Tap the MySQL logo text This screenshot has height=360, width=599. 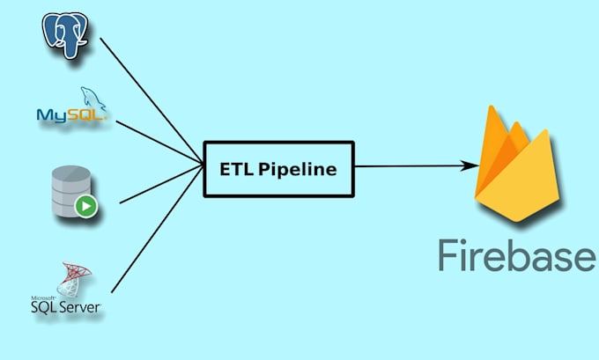tap(70, 114)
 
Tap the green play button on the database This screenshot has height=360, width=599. tap(85, 208)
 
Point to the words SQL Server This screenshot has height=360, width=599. tap(67, 307)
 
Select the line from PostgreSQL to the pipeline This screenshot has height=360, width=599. tap(150, 97)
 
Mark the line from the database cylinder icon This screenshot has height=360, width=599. tap(159, 184)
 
